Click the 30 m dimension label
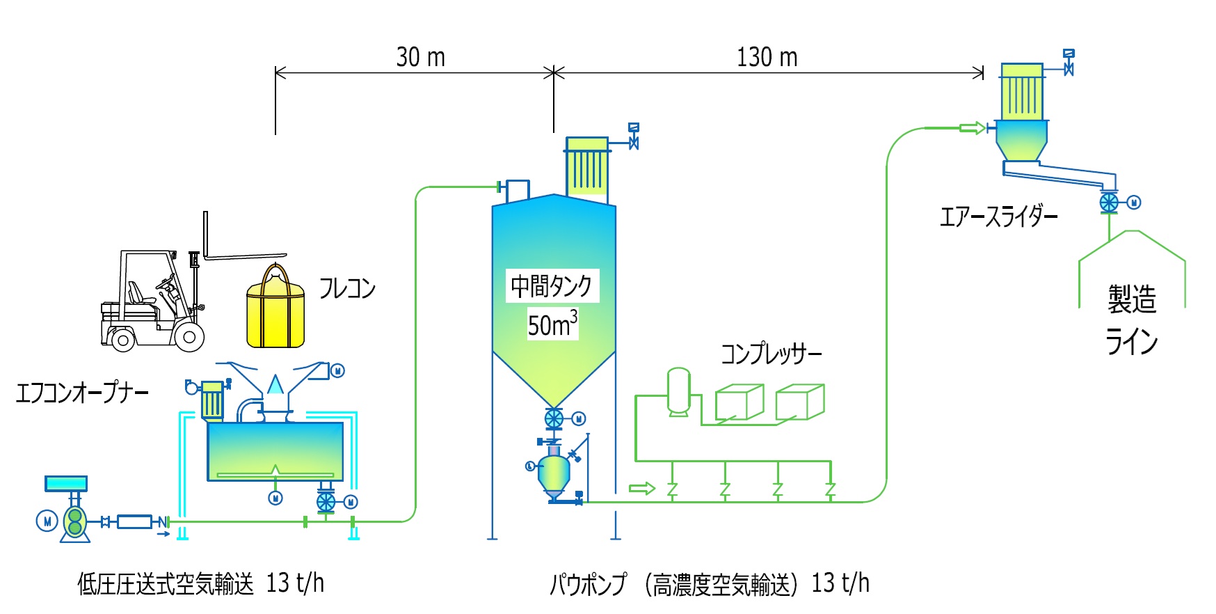(420, 57)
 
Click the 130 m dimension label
(767, 57)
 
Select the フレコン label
(346, 288)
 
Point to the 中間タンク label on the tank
(551, 285)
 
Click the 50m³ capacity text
(552, 324)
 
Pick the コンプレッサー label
(771, 354)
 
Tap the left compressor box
(739, 402)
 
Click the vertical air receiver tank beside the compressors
(678, 392)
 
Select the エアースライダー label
(998, 217)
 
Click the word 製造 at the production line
(1132, 299)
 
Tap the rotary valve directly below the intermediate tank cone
(554, 418)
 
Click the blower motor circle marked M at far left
(47, 521)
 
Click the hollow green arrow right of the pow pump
(641, 488)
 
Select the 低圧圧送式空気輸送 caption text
(166, 584)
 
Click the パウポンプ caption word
(588, 584)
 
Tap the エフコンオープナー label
(82, 393)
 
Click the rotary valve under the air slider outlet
(1108, 203)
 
